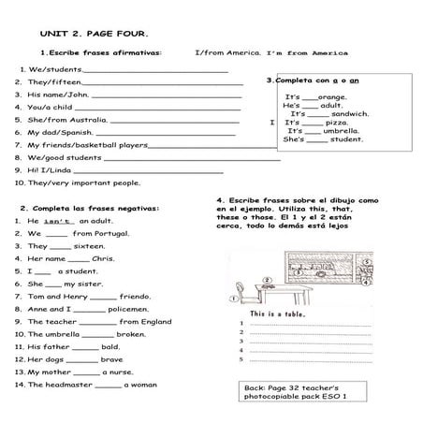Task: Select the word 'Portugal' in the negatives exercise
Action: (x=112, y=233)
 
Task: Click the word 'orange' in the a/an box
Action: (x=331, y=96)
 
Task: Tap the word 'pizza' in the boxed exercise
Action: (x=336, y=123)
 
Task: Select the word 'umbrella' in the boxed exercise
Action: (x=340, y=131)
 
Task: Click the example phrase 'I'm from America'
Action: (x=307, y=52)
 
